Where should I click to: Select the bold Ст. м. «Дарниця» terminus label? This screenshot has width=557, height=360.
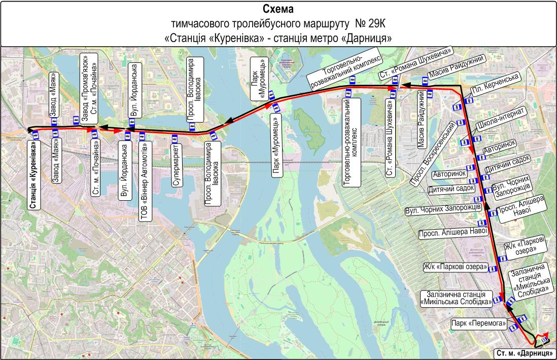524,353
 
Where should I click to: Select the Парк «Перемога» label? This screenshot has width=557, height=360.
479,322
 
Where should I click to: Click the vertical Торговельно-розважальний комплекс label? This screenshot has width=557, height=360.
352,142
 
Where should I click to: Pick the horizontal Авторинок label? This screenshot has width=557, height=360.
449,174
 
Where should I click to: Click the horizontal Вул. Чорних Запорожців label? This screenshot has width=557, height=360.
443,209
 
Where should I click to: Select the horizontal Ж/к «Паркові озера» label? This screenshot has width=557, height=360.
455,267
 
